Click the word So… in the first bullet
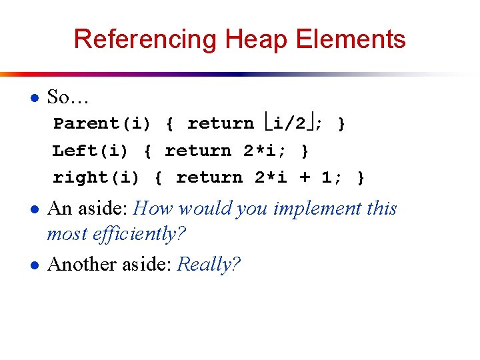coord(69,97)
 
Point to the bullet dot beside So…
coord(34,97)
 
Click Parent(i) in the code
coord(102,124)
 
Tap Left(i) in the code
coord(90,151)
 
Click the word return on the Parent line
coord(221,124)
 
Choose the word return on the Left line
coord(198,151)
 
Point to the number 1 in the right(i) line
coord(327,178)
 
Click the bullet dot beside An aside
coord(34,209)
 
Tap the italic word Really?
coord(209,265)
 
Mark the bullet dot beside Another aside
coord(34,265)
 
